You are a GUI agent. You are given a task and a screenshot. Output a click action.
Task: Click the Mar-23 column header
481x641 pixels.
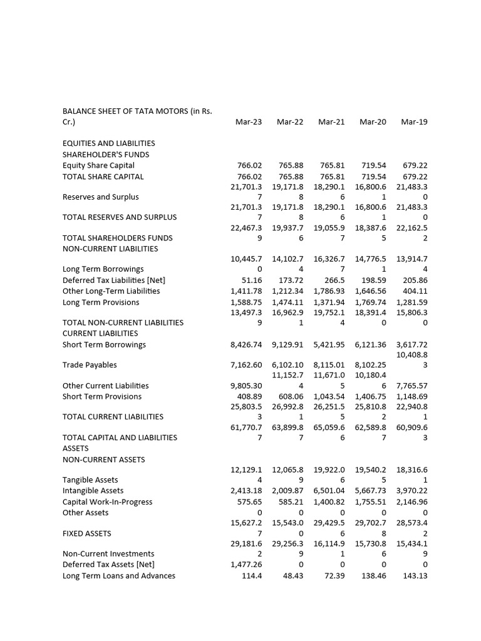[249, 122]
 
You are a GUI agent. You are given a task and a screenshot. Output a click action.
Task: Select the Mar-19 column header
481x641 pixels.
[414, 122]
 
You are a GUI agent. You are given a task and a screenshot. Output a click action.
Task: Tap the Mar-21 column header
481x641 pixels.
[331, 122]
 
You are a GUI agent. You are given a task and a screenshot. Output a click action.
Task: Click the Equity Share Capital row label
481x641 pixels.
[98, 165]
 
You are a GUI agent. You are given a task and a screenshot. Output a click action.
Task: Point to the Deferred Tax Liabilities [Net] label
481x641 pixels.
[114, 280]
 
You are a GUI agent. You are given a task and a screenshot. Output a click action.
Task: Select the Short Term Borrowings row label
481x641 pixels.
[104, 344]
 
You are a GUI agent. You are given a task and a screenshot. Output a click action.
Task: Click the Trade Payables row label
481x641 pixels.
[90, 365]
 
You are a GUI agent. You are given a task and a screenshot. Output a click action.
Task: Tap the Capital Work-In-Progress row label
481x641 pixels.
[107, 502]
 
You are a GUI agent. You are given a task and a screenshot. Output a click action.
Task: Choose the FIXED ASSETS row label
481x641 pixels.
[87, 533]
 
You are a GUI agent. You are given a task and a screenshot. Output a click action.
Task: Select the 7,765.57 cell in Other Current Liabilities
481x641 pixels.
[412, 386]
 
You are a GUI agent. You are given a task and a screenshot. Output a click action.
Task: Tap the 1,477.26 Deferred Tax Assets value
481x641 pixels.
[246, 565]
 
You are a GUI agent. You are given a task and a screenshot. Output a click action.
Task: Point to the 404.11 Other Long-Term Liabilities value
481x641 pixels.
[415, 291]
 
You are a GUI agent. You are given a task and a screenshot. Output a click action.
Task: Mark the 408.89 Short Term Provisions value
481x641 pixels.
[249, 396]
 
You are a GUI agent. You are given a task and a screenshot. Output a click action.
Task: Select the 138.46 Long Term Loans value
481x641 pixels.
[373, 576]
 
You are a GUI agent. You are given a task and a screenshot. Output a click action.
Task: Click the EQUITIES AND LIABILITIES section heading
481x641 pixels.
[109, 143]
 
